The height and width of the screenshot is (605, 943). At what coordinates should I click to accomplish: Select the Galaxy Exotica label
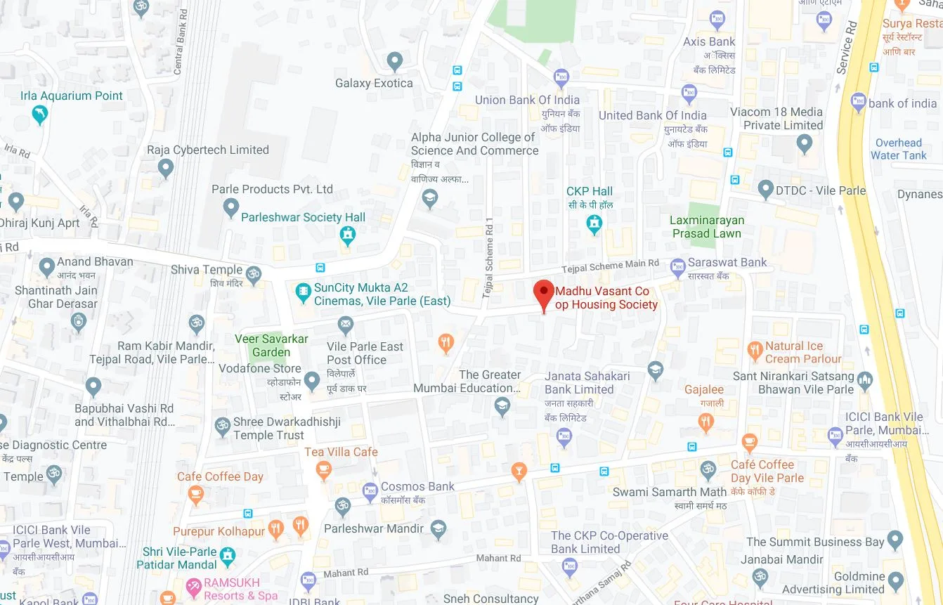[374, 83]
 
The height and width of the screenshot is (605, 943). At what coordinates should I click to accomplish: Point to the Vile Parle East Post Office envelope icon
[345, 325]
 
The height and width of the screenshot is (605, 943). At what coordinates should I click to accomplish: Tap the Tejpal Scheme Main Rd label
[610, 266]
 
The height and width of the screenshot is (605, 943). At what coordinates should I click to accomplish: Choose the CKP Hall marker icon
[594, 223]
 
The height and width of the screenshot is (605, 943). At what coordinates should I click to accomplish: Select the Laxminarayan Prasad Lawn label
[706, 227]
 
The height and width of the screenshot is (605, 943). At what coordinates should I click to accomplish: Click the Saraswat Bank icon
[677, 266]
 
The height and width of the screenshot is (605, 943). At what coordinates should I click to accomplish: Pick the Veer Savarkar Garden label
[271, 345]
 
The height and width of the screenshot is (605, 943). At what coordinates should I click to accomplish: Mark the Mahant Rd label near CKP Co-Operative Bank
[498, 559]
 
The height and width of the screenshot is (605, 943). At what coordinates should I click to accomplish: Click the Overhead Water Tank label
[898, 149]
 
